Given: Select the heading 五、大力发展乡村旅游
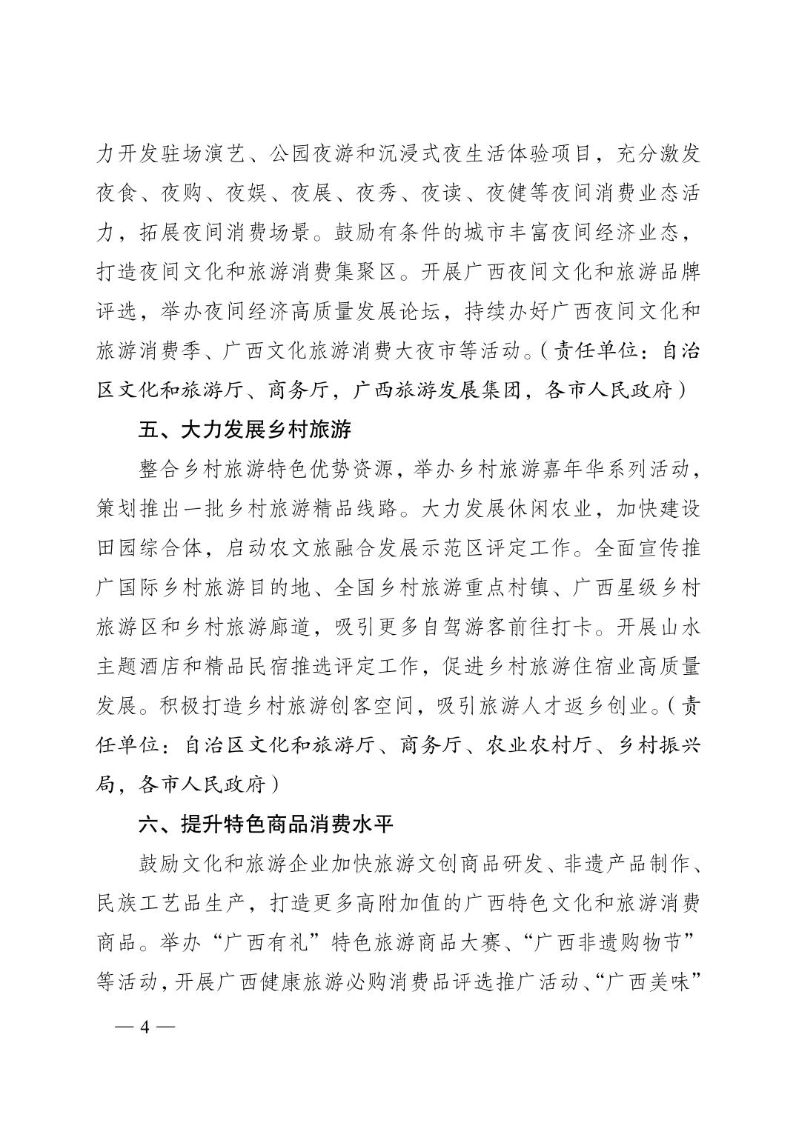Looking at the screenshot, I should (x=245, y=430).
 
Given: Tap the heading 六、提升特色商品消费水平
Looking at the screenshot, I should (x=266, y=824).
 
